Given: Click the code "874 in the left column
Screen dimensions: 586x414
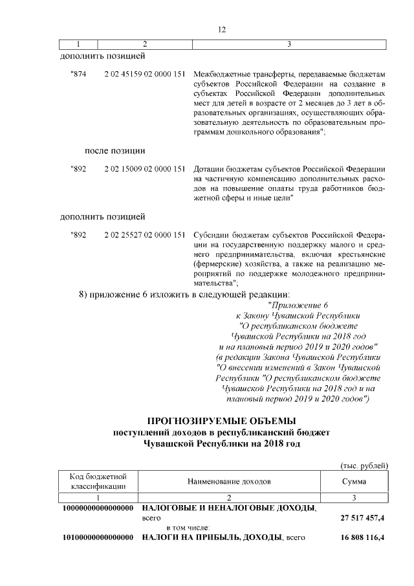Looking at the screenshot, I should (x=78, y=76).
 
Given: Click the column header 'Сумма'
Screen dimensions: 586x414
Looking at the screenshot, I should (x=354, y=482).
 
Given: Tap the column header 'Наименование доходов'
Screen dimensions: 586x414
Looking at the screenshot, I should (x=230, y=482).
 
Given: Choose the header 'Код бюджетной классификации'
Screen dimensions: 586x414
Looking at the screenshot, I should (x=99, y=482).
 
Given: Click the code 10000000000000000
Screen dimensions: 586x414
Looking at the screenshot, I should (x=98, y=508).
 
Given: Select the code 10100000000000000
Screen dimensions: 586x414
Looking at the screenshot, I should (x=98, y=538).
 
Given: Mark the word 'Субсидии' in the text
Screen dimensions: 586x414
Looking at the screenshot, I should (x=212, y=234).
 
